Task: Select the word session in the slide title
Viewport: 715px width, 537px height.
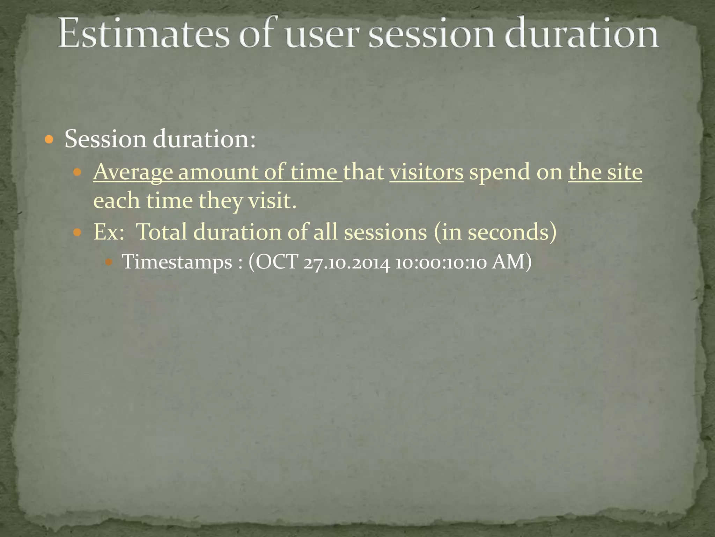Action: coord(431,35)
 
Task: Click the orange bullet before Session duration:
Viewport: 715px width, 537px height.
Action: coord(49,140)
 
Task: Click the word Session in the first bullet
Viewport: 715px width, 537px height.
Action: coord(105,139)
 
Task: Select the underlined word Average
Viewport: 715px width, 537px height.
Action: coord(133,172)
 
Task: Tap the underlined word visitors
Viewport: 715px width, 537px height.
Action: coord(426,172)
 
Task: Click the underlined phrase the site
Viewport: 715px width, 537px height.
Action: coord(605,172)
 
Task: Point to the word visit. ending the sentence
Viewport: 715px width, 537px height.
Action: coord(272,201)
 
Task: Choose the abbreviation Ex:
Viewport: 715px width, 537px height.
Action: coord(109,232)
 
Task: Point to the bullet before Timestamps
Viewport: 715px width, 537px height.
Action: coord(109,262)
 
